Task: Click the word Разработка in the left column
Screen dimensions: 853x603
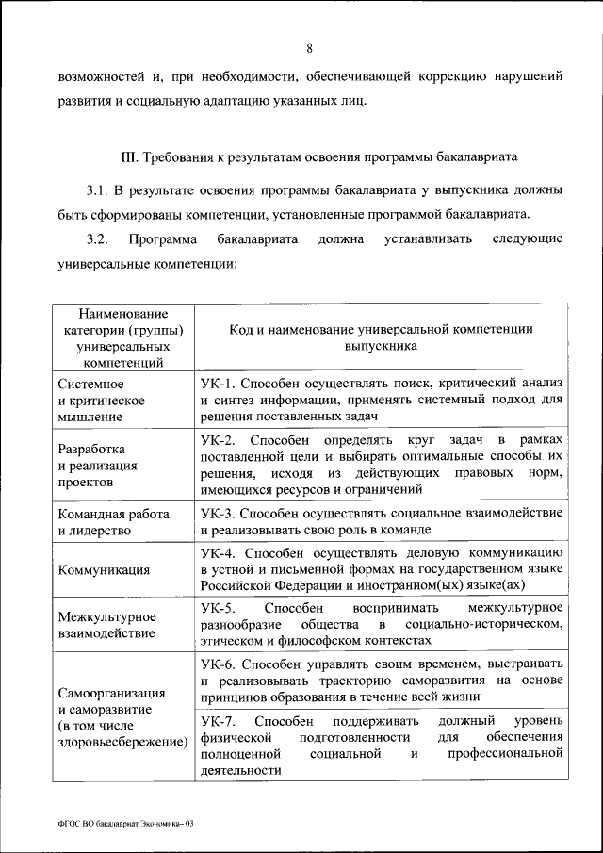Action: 91,449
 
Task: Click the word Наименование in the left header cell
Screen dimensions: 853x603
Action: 122,313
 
